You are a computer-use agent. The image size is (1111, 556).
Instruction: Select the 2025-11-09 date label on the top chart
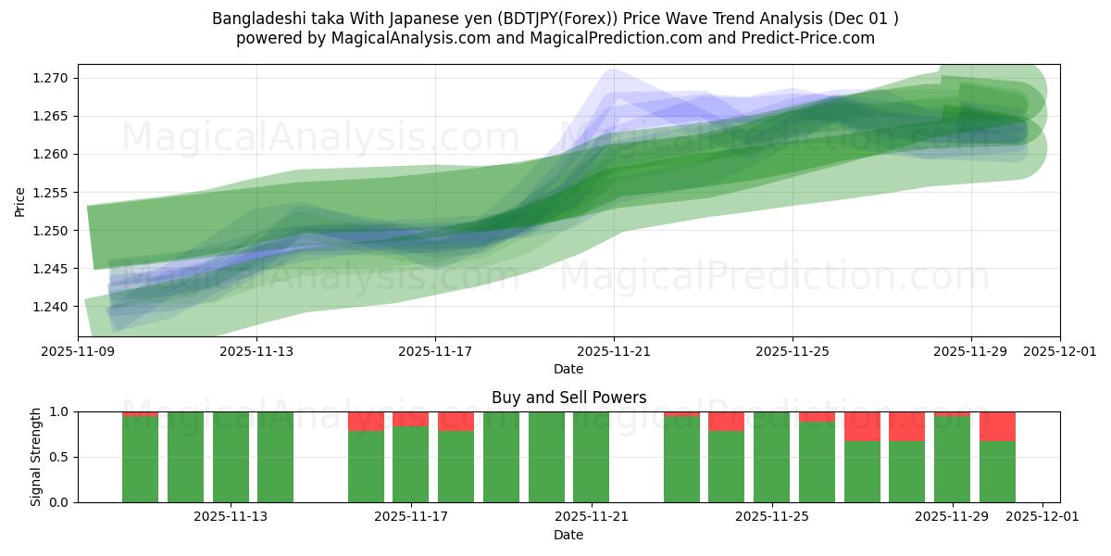[78, 352]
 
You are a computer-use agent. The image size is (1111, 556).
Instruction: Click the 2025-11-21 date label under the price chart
[614, 352]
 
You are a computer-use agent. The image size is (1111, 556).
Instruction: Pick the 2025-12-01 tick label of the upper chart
[1060, 352]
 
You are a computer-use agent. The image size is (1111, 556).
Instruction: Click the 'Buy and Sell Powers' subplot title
[568, 398]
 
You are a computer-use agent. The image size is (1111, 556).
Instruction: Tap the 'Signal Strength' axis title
[36, 457]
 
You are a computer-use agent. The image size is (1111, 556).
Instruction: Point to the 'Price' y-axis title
[20, 200]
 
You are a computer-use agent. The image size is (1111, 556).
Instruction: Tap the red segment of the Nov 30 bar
[997, 426]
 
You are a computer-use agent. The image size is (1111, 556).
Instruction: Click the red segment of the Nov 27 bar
[862, 426]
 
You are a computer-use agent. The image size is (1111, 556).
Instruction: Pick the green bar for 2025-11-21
[591, 457]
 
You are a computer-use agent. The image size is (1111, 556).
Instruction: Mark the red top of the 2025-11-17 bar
[410, 419]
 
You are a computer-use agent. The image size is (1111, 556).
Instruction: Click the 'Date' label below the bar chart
[568, 535]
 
